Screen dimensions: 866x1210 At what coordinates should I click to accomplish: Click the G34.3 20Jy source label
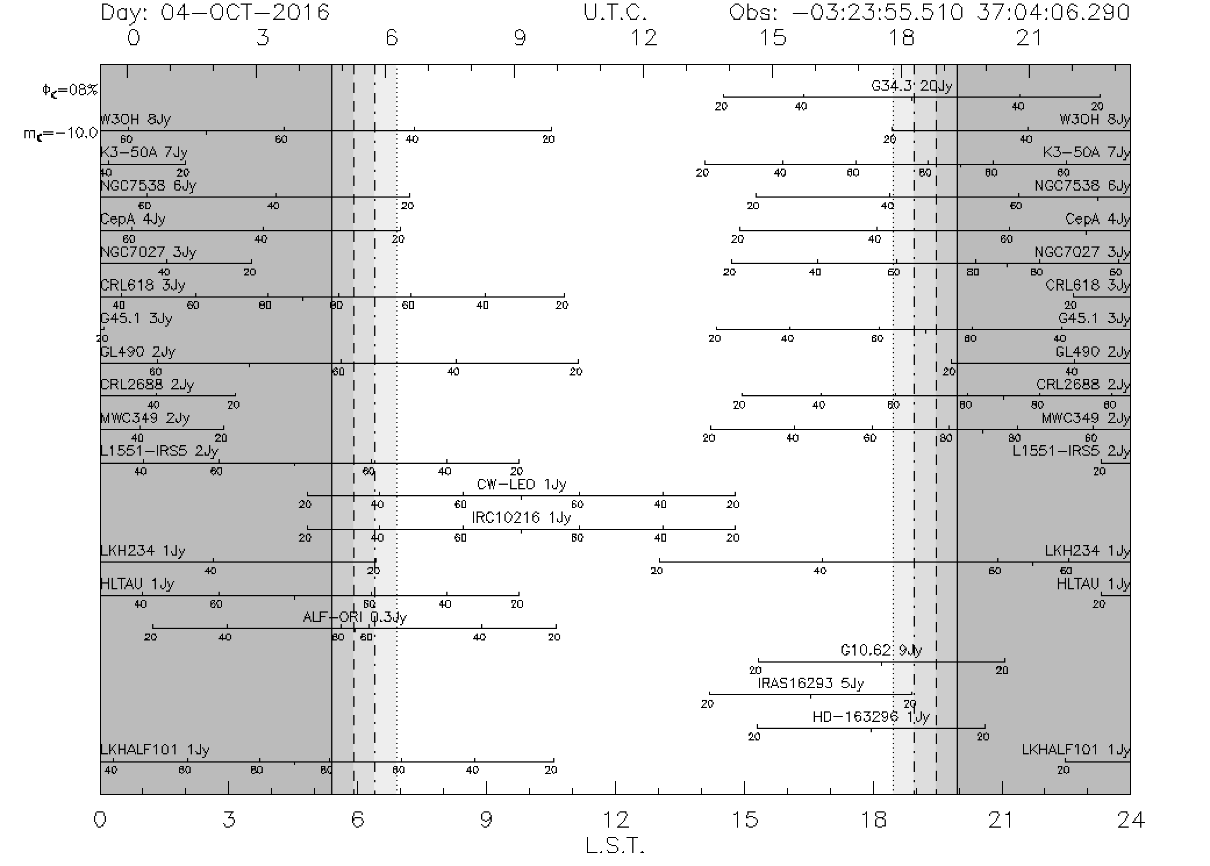tap(911, 87)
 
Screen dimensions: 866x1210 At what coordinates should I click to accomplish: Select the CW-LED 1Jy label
tap(521, 485)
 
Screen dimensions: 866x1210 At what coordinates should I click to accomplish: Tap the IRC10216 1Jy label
tap(521, 518)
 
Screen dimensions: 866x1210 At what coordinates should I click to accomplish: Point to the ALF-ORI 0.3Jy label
tap(355, 617)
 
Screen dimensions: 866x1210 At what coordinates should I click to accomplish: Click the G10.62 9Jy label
tap(881, 650)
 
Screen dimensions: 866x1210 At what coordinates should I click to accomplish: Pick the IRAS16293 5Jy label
tap(811, 684)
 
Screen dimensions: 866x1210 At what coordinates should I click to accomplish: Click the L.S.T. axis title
tap(615, 846)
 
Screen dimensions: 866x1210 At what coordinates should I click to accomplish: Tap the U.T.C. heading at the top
tap(615, 12)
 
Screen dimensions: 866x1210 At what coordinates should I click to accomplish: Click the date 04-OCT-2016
tap(245, 12)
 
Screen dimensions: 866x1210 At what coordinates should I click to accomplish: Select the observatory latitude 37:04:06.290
tap(1053, 12)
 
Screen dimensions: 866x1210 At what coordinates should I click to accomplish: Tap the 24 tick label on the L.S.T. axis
tap(1130, 820)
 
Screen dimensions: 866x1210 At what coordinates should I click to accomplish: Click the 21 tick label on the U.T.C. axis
tap(1029, 38)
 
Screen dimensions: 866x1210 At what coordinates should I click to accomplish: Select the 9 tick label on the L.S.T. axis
tap(486, 820)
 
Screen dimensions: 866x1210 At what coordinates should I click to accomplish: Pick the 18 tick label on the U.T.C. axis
tap(901, 38)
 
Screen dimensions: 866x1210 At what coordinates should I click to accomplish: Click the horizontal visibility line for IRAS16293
tap(811, 694)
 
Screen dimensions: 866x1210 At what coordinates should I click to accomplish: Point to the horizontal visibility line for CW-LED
tap(521, 496)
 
